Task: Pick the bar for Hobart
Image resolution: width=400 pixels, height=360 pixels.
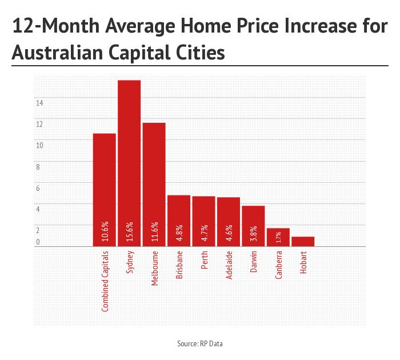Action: pos(303,241)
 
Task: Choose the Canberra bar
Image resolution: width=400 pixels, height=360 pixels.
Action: pos(278,237)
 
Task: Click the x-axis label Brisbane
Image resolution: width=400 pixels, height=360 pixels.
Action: pos(179,264)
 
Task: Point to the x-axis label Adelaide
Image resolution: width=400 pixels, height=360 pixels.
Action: pos(229,264)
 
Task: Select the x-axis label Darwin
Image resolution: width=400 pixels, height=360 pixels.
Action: pos(254,262)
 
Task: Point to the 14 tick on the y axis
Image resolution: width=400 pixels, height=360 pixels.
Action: pos(39,103)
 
